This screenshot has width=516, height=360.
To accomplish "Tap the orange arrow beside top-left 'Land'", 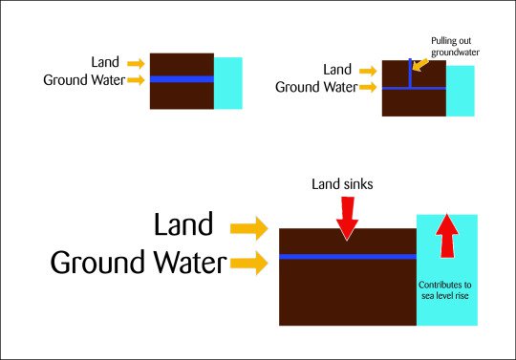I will click(135, 63).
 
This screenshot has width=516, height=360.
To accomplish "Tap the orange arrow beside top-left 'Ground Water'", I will click(135, 79).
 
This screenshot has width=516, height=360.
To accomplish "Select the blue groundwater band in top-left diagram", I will click(182, 79).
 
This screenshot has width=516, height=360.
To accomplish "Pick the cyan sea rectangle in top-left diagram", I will click(227, 83).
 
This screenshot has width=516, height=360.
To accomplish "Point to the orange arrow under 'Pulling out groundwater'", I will click(420, 65).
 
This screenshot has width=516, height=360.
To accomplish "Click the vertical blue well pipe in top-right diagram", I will click(410, 74).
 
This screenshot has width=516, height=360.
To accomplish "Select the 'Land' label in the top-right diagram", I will click(337, 69).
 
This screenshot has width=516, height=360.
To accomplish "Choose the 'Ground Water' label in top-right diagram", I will click(315, 86).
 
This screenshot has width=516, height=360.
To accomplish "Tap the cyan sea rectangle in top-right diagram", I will click(461, 91).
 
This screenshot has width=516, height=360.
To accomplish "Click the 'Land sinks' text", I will click(347, 182).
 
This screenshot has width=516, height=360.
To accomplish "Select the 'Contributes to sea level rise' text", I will click(446, 290).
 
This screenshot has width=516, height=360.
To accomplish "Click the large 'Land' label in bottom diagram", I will click(183, 225).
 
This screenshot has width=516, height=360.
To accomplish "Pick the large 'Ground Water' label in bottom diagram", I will click(138, 262).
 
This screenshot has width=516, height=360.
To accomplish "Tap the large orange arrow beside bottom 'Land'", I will click(249, 227).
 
